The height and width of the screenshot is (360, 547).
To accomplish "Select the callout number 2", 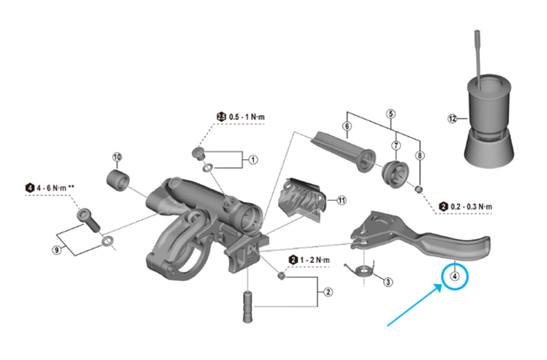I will tap(328, 291).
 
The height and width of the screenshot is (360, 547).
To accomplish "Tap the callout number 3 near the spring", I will tap(388, 281).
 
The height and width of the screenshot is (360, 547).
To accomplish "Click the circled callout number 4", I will tap(454, 277).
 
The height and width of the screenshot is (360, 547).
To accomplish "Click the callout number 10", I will tap(117, 156).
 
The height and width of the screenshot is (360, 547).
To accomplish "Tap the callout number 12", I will tap(452, 118).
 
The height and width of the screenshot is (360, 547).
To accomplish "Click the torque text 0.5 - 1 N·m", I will tap(246, 117).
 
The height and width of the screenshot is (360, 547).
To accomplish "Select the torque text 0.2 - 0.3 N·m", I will tap(477, 205).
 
